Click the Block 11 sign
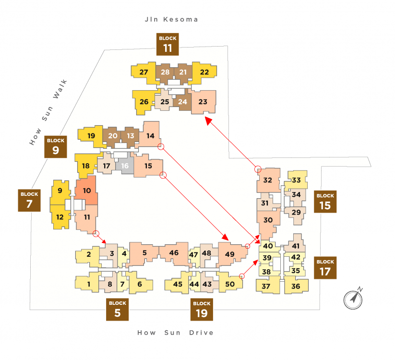(168, 44)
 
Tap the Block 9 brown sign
(56, 147)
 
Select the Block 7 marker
(29, 201)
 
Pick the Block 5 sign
(118, 310)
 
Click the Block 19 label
(202, 310)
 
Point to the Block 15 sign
(325, 202)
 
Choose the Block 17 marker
(325, 268)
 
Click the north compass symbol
(353, 299)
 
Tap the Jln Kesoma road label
(171, 19)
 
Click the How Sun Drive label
(175, 333)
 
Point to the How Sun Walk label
(48, 112)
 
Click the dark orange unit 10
(86, 191)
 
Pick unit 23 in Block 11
(203, 102)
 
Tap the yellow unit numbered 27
(144, 72)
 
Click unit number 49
(230, 254)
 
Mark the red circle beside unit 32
(258, 169)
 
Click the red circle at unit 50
(241, 276)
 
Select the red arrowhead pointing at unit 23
(208, 120)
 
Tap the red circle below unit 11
(96, 234)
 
